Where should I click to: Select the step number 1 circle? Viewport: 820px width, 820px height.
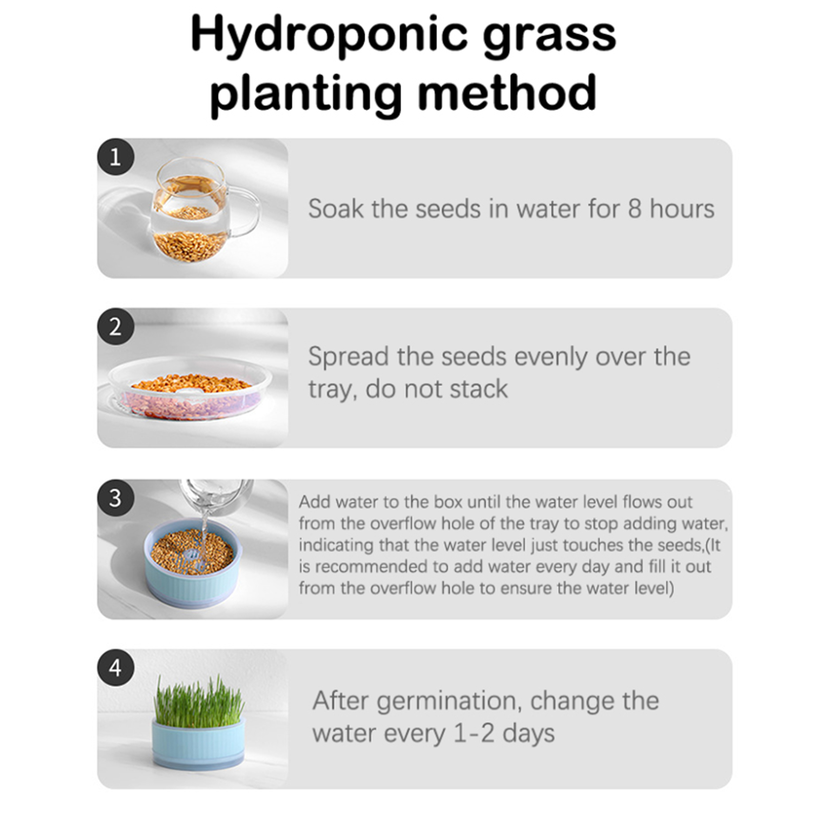(116, 156)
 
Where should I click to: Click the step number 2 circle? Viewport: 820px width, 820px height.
(116, 326)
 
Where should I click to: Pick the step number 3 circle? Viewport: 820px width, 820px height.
(116, 498)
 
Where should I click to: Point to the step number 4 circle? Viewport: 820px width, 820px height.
(116, 668)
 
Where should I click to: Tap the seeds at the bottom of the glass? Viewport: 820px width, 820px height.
(190, 245)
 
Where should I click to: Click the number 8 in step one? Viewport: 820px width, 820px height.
(634, 209)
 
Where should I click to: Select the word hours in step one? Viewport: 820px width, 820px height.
(682, 209)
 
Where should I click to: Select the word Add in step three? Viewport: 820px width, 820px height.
(314, 501)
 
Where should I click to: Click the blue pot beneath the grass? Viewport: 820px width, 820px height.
(198, 744)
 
